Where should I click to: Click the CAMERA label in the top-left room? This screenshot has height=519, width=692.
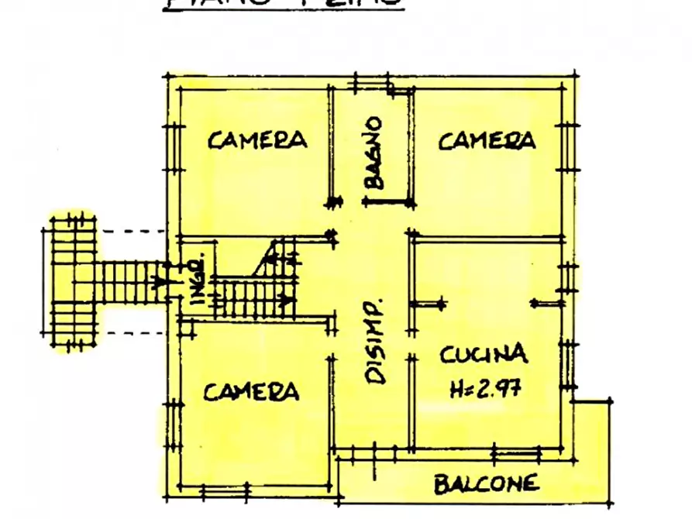(257, 139)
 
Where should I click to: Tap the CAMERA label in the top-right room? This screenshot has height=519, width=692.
(487, 140)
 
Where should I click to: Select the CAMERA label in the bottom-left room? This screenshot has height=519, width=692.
(252, 391)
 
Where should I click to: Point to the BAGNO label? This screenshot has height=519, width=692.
(374, 153)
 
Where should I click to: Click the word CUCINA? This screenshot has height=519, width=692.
(484, 355)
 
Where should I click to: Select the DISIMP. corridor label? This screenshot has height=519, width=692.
(376, 341)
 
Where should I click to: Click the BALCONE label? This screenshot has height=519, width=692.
(486, 485)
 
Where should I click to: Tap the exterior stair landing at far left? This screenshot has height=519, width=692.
(74, 282)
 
